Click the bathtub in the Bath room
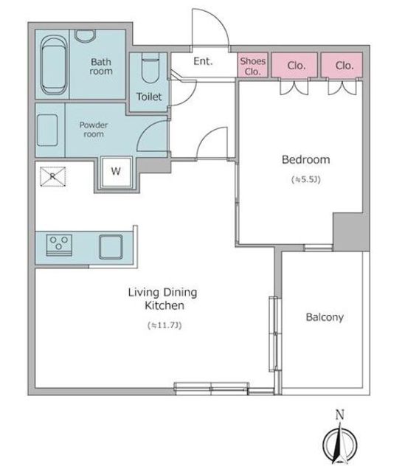tap(54, 66)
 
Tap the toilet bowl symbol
tap(150, 69)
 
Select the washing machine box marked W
tap(117, 172)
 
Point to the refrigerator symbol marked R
tap(53, 176)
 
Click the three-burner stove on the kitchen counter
tap(59, 245)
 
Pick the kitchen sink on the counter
tap(111, 247)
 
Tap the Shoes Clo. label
tap(252, 66)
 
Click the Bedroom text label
tap(305, 160)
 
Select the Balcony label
tap(325, 317)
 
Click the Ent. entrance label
tap(203, 61)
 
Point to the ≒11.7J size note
tap(165, 325)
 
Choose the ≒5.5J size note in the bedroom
tap(305, 179)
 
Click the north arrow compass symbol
tap(340, 442)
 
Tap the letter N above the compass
tap(340, 415)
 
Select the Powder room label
tap(94, 130)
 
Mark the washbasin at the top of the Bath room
tap(86, 36)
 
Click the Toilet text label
tap(149, 97)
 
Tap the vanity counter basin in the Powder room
tap(47, 131)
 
